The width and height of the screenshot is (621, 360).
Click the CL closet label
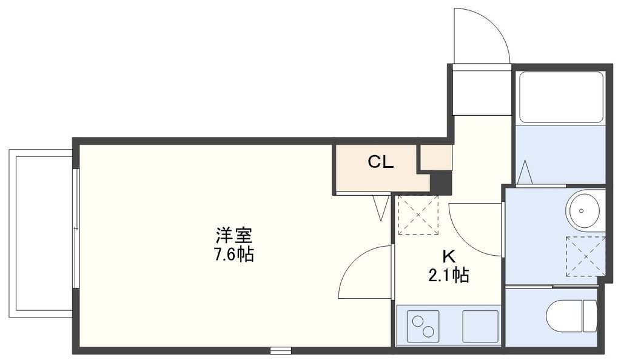(381, 162)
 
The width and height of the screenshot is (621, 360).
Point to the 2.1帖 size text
(448, 276)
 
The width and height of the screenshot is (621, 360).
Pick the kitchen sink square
(480, 326)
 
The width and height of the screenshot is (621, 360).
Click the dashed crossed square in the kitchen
(417, 215)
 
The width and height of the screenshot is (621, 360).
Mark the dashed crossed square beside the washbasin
(585, 256)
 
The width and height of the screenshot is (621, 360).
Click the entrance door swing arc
(479, 33)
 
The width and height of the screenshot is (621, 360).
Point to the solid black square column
(441, 182)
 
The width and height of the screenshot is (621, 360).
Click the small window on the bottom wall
(280, 350)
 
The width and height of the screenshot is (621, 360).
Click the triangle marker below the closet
(381, 207)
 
